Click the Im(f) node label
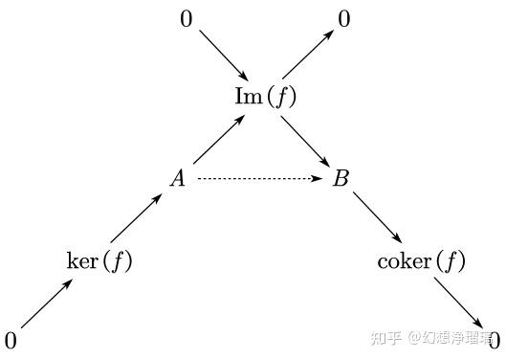pos(265,97)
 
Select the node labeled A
pos(178,178)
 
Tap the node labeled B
pos(341,178)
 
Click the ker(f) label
pos(99,260)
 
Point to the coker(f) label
pos(421,260)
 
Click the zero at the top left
pos(187,19)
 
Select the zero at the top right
pos(344,19)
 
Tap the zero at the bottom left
pos(11,341)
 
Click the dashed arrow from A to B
pos(260,178)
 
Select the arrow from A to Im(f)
pos(219,140)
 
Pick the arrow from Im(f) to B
pos(305,142)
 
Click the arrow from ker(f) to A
pos(136,217)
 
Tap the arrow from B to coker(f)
pos(377,217)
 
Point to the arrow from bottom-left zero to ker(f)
pos(47,304)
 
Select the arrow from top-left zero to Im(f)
pos(224,56)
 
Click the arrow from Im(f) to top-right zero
pos(308,55)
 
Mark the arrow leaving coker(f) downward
pos(459,304)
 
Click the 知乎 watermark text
pos(385,338)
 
